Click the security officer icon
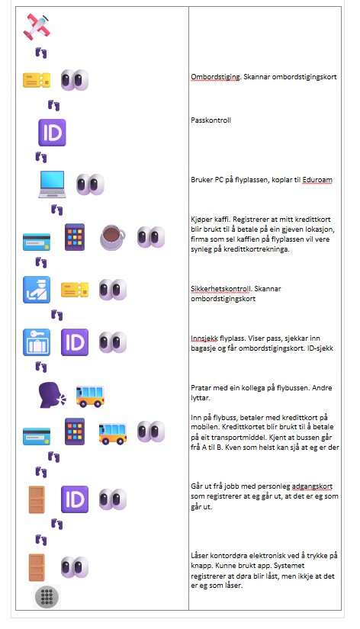(x=36, y=290)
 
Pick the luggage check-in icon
(x=36, y=342)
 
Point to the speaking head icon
(x=52, y=394)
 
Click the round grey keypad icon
(x=47, y=595)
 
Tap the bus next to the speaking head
(x=90, y=394)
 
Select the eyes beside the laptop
(x=90, y=184)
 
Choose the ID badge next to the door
(x=75, y=499)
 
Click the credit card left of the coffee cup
(x=36, y=237)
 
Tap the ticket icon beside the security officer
(x=75, y=290)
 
